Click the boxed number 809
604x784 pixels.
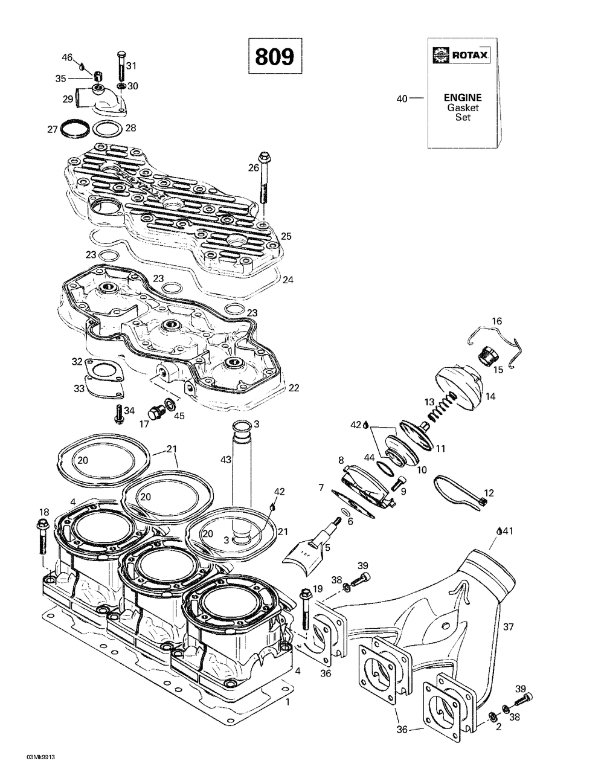[275, 56]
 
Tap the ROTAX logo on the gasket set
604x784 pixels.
[461, 55]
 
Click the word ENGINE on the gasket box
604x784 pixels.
[463, 97]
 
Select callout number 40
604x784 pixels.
[402, 98]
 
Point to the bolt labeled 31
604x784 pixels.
[121, 68]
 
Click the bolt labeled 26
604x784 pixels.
[264, 178]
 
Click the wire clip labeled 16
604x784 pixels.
[495, 347]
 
